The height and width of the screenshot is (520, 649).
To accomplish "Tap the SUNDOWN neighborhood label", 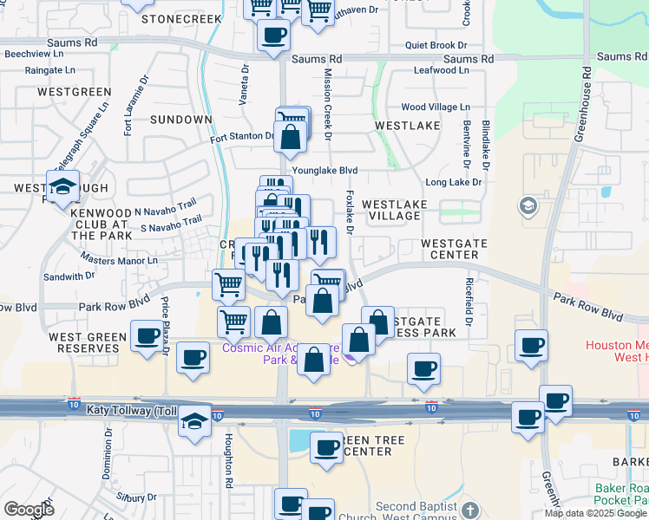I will [180, 120].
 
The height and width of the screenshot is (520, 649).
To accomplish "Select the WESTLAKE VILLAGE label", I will [394, 210].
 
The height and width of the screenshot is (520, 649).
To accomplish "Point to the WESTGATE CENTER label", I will [454, 250].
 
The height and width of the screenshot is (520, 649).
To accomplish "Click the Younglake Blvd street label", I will [324, 172].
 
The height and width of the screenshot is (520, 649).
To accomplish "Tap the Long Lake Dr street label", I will [453, 183].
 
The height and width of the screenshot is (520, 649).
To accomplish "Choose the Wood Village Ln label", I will [435, 107].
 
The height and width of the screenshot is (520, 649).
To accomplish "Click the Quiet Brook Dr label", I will [436, 46].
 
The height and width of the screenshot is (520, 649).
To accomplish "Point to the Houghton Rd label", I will [228, 460].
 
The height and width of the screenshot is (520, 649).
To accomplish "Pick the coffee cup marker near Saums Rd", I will [274, 36].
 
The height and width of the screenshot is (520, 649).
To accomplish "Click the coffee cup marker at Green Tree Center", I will [326, 448].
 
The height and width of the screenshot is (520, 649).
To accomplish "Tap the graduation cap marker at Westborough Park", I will [62, 186].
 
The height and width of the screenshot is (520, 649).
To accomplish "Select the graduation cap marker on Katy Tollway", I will [195, 422].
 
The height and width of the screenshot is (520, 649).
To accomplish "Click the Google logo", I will [28, 510].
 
